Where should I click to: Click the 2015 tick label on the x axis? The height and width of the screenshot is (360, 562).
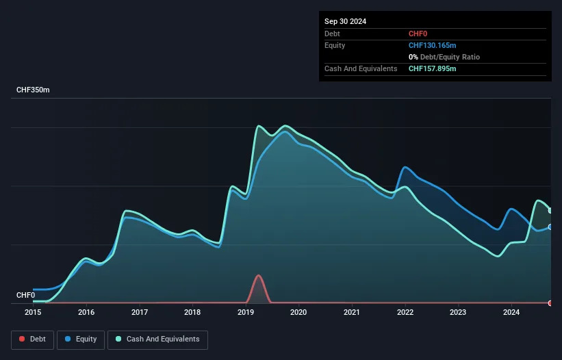pyautogui.click(x=33, y=312)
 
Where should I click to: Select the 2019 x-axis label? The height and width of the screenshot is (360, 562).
pyautogui.click(x=246, y=312)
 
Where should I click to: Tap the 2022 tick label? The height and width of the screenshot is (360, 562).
pyautogui.click(x=405, y=312)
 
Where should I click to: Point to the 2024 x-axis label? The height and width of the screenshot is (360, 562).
pyautogui.click(x=511, y=312)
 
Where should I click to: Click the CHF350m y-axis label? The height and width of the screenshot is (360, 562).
pyautogui.click(x=33, y=90)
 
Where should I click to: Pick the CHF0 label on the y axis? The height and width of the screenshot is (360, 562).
pyautogui.click(x=26, y=295)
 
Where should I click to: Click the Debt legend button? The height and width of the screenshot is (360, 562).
pyautogui.click(x=33, y=339)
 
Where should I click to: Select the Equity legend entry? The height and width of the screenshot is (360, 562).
pyautogui.click(x=81, y=339)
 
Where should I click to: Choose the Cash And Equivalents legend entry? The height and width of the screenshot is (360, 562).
pyautogui.click(x=157, y=339)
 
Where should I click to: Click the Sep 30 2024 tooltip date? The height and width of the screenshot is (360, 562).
pyautogui.click(x=345, y=21)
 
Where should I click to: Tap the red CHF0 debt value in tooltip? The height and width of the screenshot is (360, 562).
pyautogui.click(x=418, y=34)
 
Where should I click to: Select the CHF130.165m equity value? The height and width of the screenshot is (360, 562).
pyautogui.click(x=432, y=45)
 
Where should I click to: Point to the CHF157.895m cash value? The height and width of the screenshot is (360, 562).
pyautogui.click(x=432, y=68)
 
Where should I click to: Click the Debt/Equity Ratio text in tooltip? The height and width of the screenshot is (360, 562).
pyautogui.click(x=450, y=57)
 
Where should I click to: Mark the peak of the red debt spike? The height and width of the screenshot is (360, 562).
pyautogui.click(x=259, y=275)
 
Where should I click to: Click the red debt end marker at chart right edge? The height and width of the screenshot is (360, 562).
pyautogui.click(x=550, y=303)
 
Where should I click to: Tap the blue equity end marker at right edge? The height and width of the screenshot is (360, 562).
pyautogui.click(x=550, y=227)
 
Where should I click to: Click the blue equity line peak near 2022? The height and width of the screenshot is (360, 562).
pyautogui.click(x=405, y=167)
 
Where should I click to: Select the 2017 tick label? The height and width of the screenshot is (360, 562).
pyautogui.click(x=140, y=312)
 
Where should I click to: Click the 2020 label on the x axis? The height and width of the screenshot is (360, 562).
pyautogui.click(x=298, y=312)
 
